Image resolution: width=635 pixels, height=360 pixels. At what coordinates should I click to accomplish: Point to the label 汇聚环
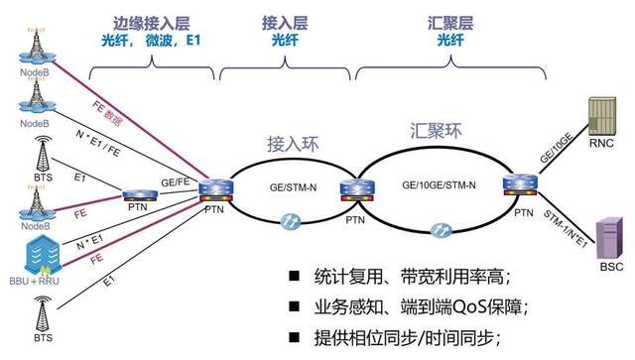[x=438, y=129]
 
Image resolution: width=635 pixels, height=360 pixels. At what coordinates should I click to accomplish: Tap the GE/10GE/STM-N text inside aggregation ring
[x=439, y=185]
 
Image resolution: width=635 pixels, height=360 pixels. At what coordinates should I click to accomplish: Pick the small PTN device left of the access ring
[x=137, y=194]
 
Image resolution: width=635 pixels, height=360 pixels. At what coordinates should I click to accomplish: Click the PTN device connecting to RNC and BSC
[x=519, y=184]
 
